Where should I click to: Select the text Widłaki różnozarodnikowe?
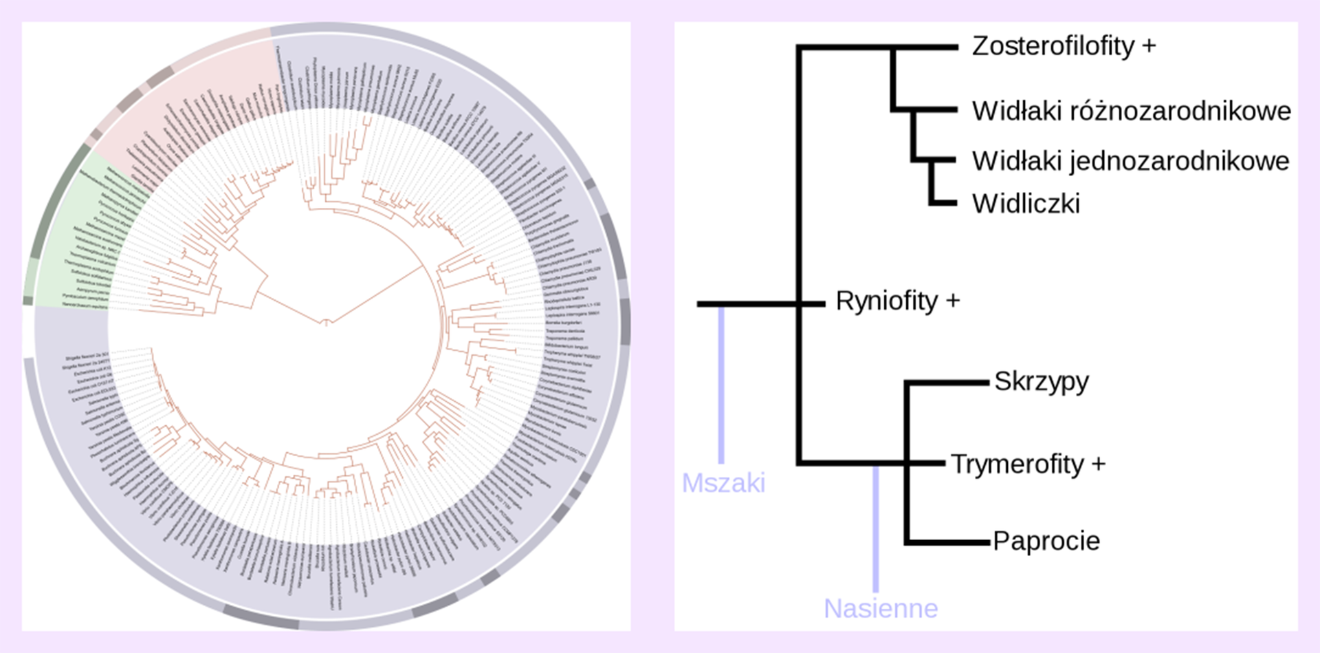(x=1131, y=111)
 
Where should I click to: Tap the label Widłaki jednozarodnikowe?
(x=1130, y=161)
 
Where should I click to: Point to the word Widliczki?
(x=1026, y=204)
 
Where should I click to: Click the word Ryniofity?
(x=886, y=301)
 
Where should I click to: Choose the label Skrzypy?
(x=1042, y=382)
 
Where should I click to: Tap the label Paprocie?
(x=1046, y=542)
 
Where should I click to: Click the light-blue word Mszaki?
(x=723, y=483)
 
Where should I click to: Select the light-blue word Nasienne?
(x=881, y=609)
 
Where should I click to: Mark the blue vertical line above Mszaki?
(x=721, y=385)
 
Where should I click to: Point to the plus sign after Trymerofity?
(x=1099, y=464)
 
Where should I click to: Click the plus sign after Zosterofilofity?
(x=1149, y=46)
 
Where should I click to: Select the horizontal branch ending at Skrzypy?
(x=949, y=382)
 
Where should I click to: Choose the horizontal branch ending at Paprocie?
(x=949, y=543)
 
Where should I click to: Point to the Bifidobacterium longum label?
(x=566, y=347)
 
